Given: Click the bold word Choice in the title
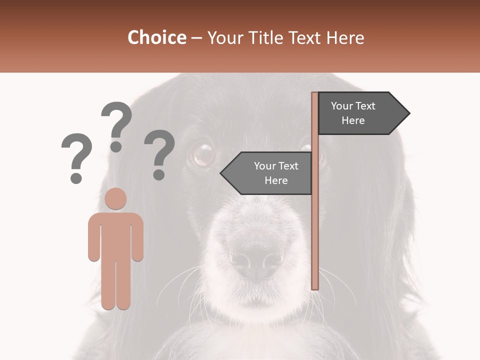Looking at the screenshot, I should [156, 37].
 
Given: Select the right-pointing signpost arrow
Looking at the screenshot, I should [360, 113].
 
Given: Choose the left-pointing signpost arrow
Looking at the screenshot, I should [270, 173].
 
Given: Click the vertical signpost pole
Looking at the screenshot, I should [314, 225].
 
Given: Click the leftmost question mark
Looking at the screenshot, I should [77, 152].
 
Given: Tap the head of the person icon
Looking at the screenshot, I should [116, 198].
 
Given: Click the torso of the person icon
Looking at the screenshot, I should [116, 235].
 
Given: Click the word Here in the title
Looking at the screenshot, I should [345, 37].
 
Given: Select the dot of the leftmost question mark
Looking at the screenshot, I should [76, 178].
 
